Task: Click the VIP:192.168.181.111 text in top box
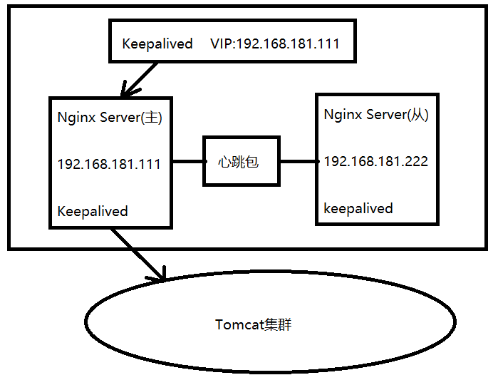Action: coord(275,44)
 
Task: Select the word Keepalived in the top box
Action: coord(157,44)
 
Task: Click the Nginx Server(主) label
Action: coord(110,118)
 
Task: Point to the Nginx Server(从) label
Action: coord(375,114)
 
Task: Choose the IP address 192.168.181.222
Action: coord(375,161)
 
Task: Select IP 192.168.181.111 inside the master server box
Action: coord(109,164)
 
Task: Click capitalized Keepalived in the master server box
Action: coord(93,211)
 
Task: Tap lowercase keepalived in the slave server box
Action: coord(358,208)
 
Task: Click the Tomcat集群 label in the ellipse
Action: coord(254,325)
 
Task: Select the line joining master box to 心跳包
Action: coord(187,161)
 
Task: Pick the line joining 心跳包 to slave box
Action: coord(296,161)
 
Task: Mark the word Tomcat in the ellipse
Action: coord(238,325)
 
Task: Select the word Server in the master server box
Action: coord(118,118)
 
